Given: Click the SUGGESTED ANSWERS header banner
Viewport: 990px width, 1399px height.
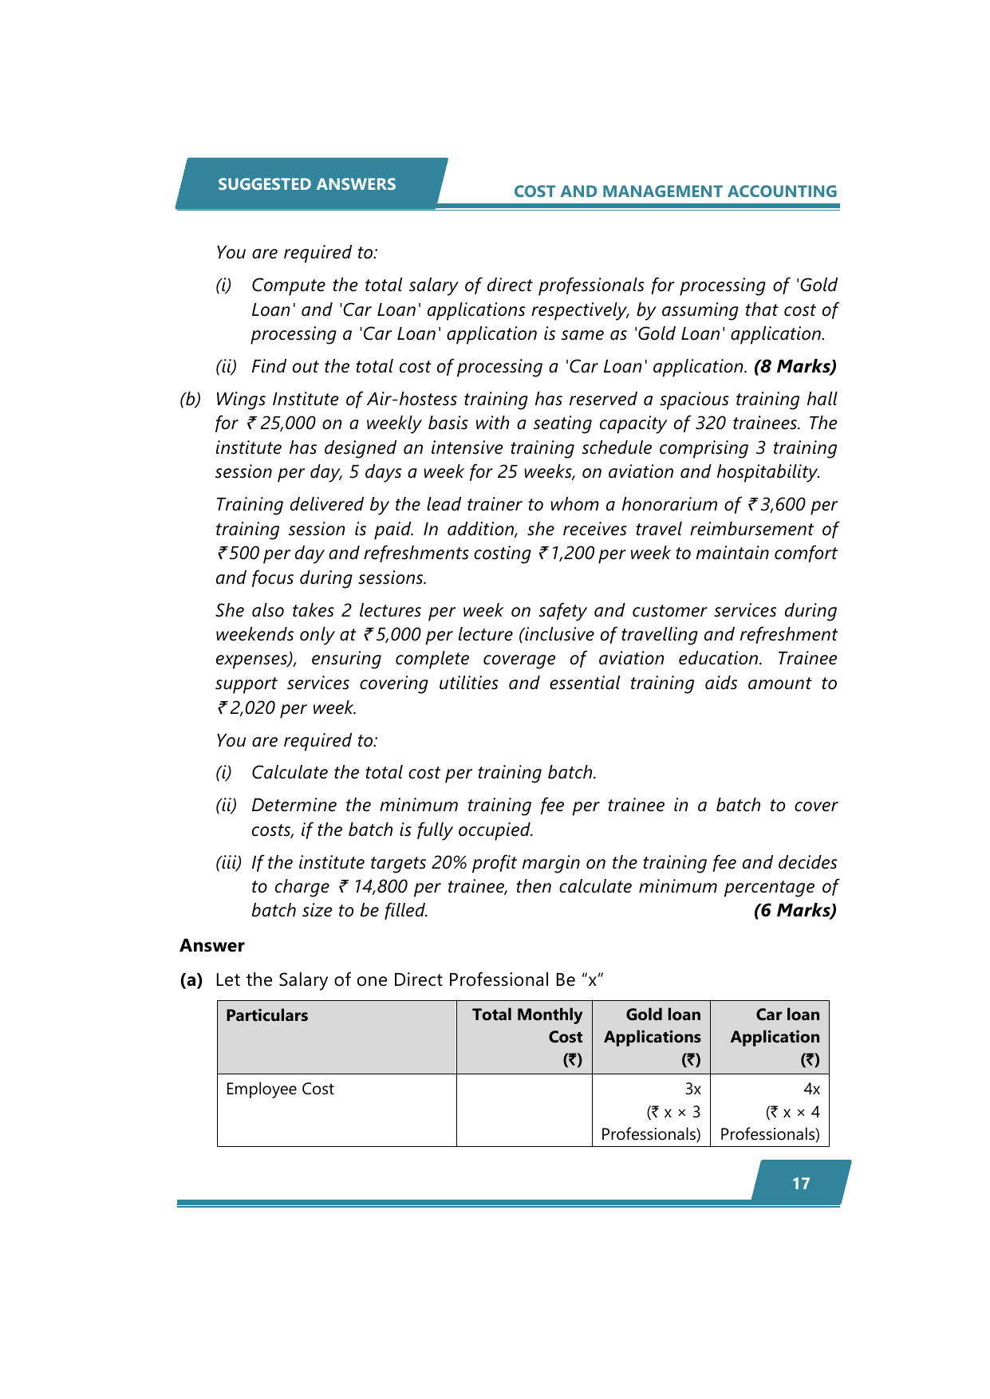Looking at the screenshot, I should click(307, 184).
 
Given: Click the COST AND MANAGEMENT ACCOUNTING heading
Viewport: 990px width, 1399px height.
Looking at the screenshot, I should click(675, 191).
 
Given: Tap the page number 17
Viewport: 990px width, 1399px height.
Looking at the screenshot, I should click(801, 1184).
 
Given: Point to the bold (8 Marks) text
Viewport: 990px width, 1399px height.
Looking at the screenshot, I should click(795, 367).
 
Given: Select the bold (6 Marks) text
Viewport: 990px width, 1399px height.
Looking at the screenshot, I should click(795, 911).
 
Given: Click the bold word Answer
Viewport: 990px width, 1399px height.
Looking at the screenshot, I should click(212, 946).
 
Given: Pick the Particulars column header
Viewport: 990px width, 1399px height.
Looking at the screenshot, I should click(267, 1015).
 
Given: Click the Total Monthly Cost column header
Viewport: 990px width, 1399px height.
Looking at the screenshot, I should click(527, 1037).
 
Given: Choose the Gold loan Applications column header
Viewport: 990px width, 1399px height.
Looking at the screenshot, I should click(653, 1037).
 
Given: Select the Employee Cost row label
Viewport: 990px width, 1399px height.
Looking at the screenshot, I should click(280, 1090).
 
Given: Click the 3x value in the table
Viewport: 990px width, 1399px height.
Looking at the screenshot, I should click(692, 1090).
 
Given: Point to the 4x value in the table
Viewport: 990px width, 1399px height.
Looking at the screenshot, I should click(811, 1090).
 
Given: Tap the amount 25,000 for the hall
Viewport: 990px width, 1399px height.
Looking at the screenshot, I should click(287, 424).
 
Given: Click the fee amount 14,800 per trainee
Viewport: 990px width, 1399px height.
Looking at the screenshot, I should click(380, 887).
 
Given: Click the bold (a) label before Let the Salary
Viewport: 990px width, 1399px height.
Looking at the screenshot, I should click(191, 980).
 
